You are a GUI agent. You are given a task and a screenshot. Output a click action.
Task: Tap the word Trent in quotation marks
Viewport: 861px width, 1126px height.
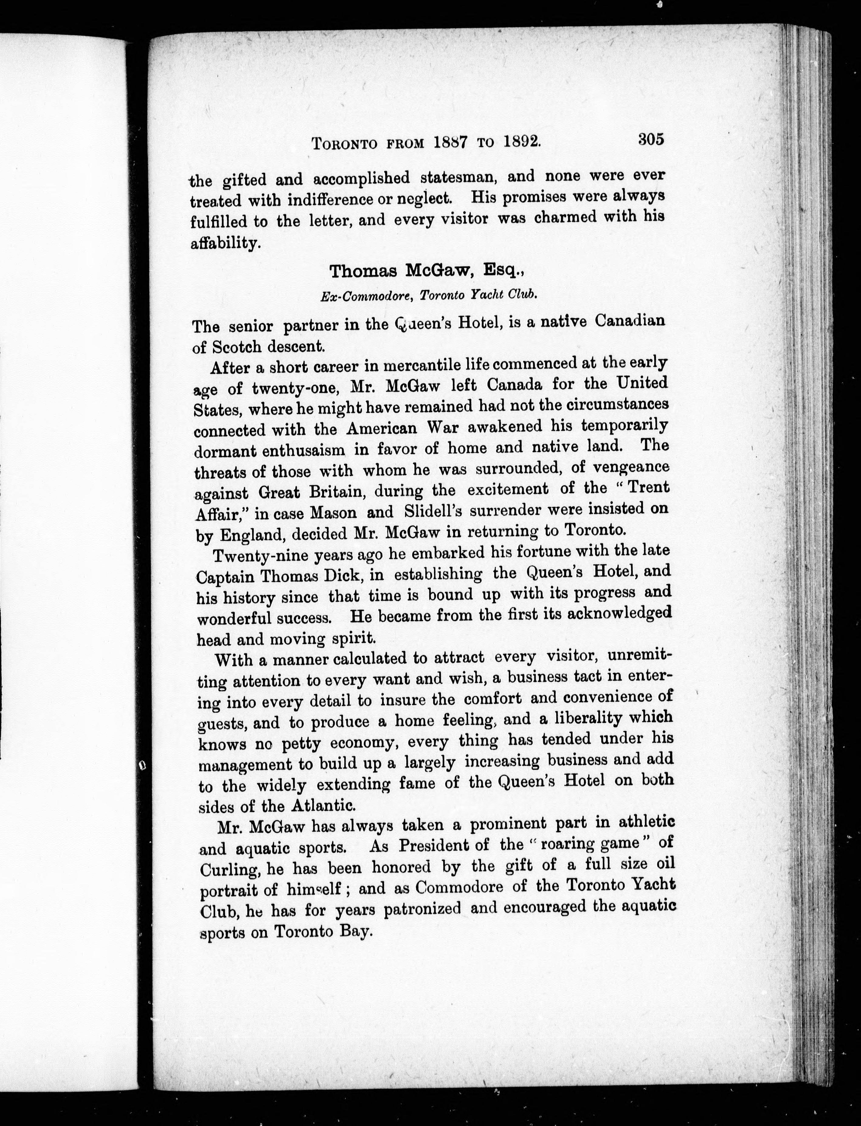pos(648,487)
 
